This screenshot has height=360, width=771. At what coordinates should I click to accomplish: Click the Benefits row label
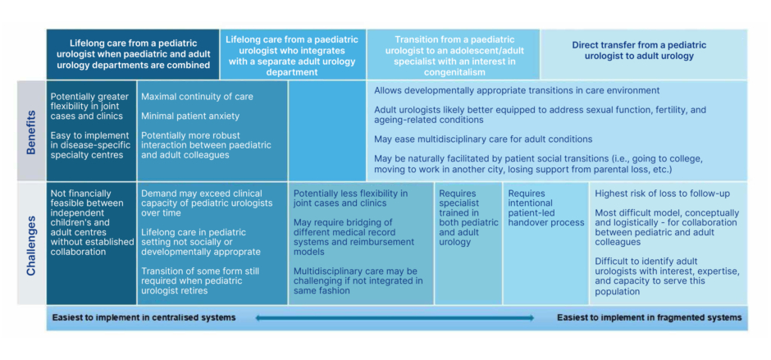(31, 130)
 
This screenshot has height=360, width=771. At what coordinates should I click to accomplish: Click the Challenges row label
(31, 244)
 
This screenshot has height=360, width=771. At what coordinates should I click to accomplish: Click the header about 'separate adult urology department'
(293, 55)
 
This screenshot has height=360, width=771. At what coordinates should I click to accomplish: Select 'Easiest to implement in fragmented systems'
(649, 317)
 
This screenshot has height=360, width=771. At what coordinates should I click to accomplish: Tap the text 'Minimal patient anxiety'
(190, 116)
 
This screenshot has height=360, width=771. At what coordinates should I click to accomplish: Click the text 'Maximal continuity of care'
(197, 97)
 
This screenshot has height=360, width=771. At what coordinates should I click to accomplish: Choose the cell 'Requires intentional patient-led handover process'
(545, 208)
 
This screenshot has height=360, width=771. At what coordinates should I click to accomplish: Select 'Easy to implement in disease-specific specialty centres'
(90, 146)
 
